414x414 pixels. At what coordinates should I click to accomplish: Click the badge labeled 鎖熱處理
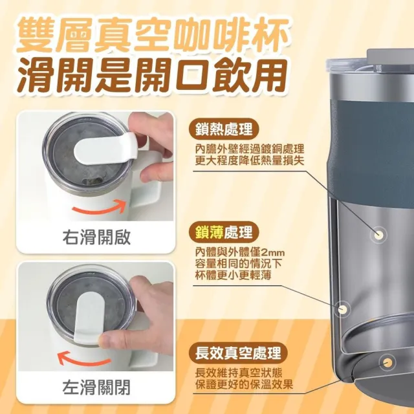(224, 129)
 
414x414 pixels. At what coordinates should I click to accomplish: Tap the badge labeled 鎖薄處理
(224, 232)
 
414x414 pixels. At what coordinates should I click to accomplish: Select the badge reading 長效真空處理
(239, 353)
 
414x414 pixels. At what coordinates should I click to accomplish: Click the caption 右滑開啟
(96, 237)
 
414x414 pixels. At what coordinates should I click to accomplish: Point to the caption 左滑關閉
(96, 387)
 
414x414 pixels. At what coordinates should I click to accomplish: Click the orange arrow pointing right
(99, 208)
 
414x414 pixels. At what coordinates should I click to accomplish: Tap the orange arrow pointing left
(84, 359)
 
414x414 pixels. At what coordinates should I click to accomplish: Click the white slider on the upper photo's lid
(105, 149)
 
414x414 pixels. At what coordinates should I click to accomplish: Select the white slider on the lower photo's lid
(88, 318)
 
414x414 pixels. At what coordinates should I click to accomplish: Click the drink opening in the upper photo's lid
(92, 181)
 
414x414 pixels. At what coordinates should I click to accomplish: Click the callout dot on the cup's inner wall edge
(343, 309)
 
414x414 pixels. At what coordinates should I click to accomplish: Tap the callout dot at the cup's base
(387, 362)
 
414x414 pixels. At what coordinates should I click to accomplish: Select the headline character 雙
(34, 34)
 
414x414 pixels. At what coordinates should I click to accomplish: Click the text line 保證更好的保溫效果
(245, 384)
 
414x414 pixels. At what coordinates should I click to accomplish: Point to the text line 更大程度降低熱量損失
(250, 160)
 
